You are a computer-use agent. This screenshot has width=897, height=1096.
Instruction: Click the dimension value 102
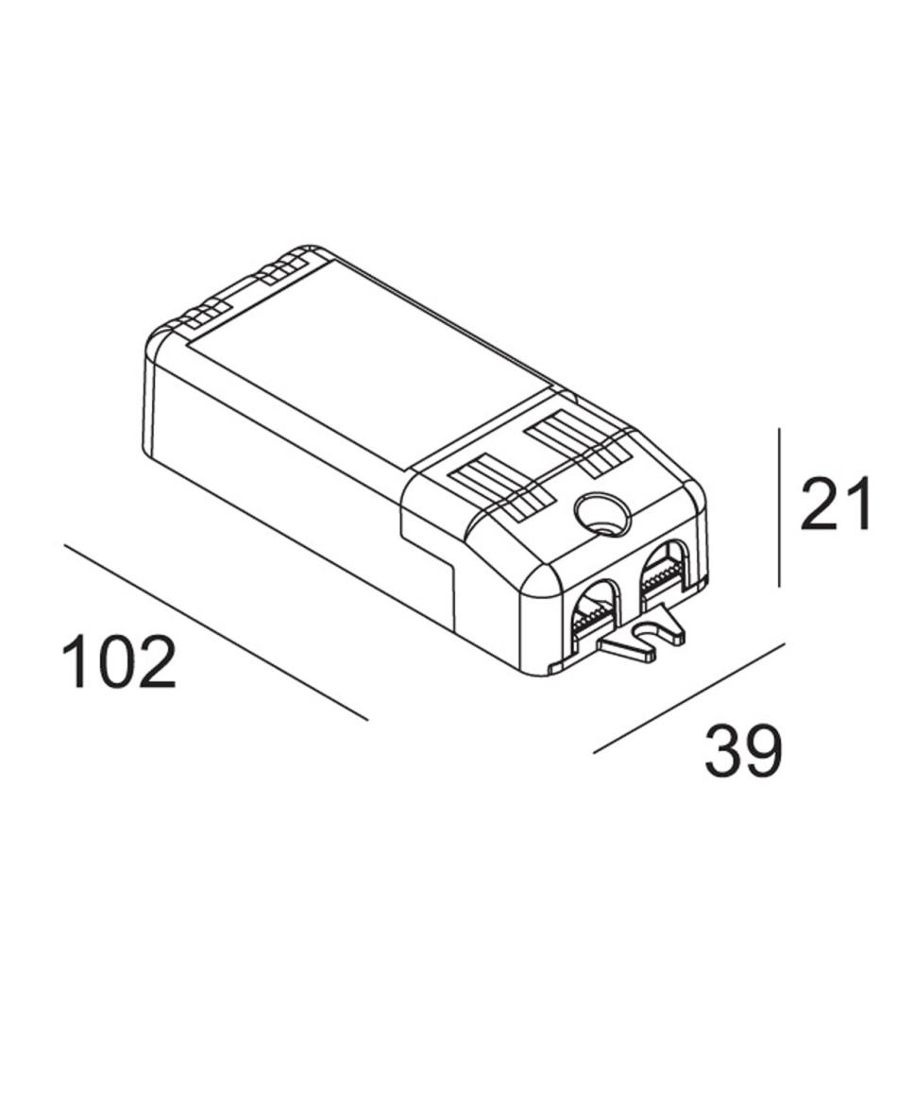click(x=119, y=661)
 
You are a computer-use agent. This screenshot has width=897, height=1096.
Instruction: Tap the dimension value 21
click(x=837, y=503)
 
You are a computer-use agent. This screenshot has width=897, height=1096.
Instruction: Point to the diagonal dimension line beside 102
click(x=216, y=632)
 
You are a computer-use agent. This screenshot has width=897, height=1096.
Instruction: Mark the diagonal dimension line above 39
click(x=689, y=697)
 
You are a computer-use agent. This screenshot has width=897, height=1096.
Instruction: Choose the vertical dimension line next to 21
click(x=779, y=508)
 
